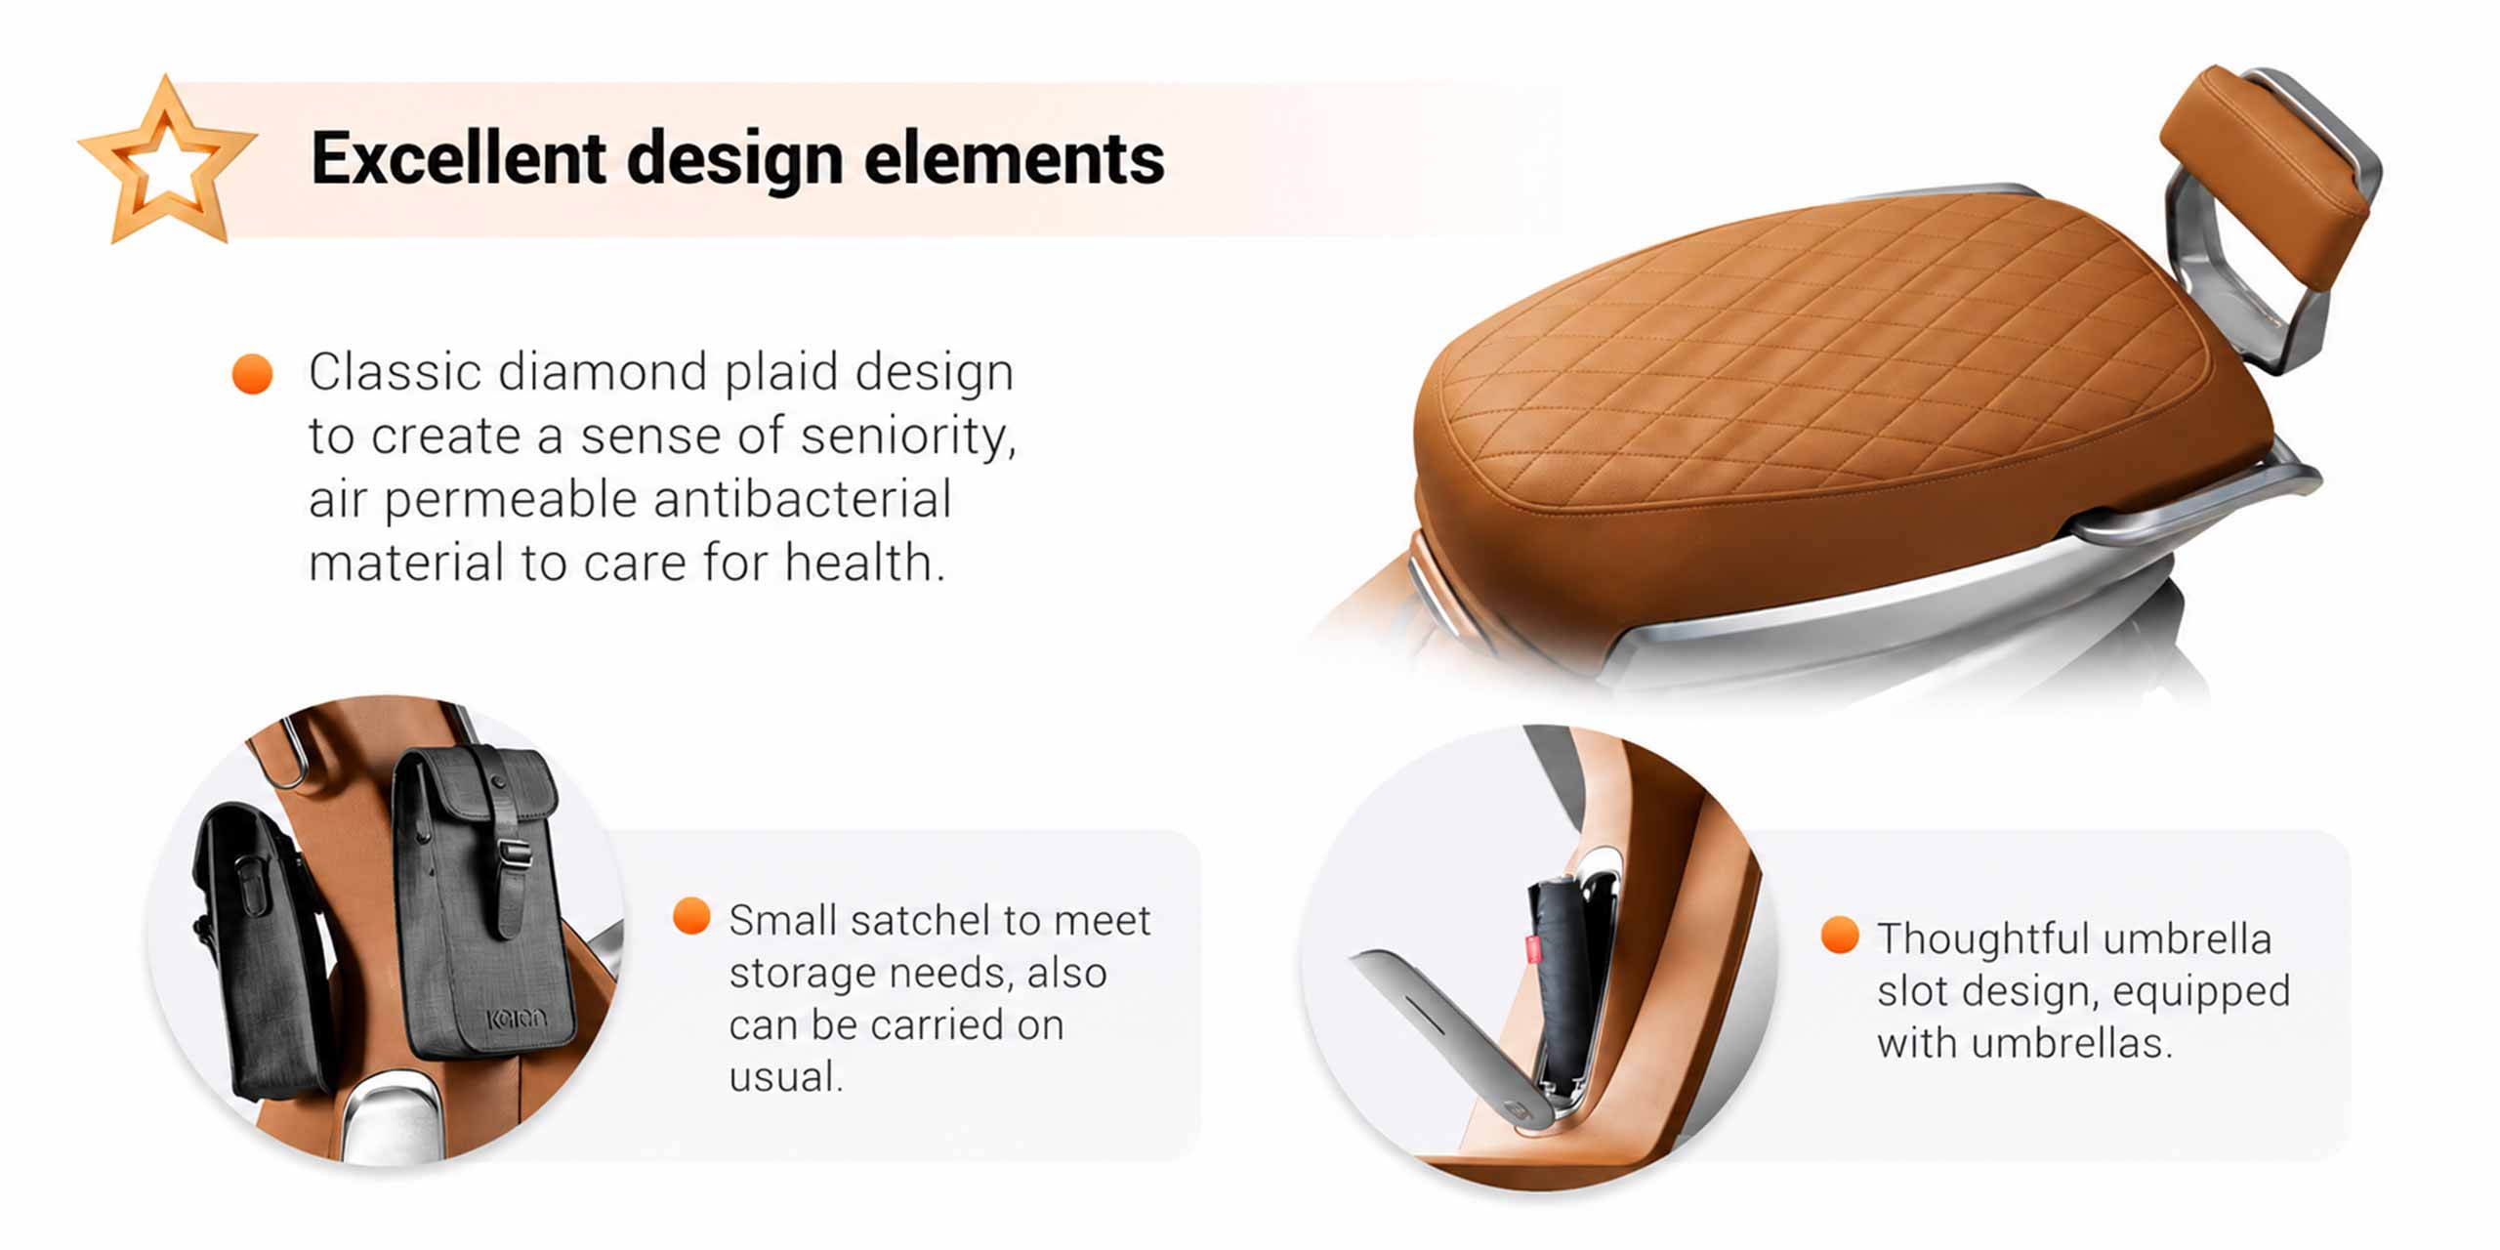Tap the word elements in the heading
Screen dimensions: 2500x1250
pos(1015,158)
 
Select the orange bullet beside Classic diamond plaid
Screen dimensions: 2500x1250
pos(252,374)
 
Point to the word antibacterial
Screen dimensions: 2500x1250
pos(802,499)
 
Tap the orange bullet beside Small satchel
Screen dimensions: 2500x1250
pos(691,916)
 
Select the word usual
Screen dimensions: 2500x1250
pos(785,1076)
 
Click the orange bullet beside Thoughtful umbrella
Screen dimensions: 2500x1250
pos(1840,935)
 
